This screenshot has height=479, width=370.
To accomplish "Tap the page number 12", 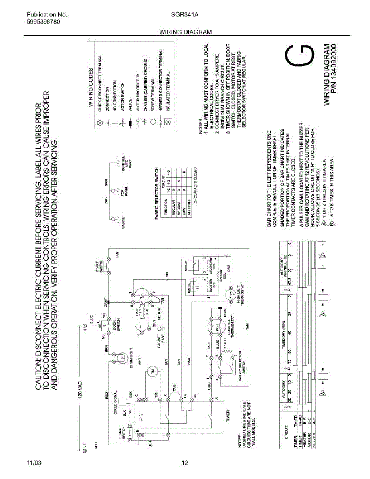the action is click(x=184, y=463).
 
